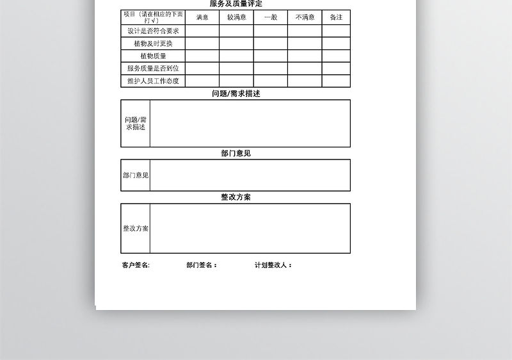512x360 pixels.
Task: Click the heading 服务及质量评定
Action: pyautogui.click(x=236, y=4)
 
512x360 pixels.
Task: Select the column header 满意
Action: pyautogui.click(x=202, y=17)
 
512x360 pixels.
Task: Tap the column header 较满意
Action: pyautogui.click(x=236, y=17)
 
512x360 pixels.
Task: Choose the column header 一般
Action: pyautogui.click(x=270, y=17)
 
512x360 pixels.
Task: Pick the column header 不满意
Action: pyautogui.click(x=305, y=17)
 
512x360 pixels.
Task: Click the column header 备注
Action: pyautogui.click(x=336, y=17)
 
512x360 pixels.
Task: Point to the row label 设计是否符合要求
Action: pyautogui.click(x=153, y=31)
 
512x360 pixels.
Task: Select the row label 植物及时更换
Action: pyautogui.click(x=153, y=44)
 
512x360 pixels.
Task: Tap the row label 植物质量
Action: pyautogui.click(x=153, y=56)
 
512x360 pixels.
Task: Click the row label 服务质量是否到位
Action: pyautogui.click(x=153, y=69)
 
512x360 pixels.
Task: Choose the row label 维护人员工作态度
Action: pyautogui.click(x=153, y=81)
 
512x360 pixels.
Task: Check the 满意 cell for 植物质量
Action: pyautogui.click(x=202, y=56)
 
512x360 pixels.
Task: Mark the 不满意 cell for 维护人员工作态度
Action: pyautogui.click(x=305, y=81)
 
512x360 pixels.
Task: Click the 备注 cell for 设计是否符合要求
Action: pyautogui.click(x=336, y=31)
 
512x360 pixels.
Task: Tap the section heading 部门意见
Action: pyautogui.click(x=236, y=154)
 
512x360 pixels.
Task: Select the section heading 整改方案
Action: pyautogui.click(x=236, y=197)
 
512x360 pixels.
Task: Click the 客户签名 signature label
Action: pyautogui.click(x=136, y=265)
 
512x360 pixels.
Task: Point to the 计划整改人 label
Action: pyautogui.click(x=273, y=265)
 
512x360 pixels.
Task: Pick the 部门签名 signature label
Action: pyautogui.click(x=202, y=265)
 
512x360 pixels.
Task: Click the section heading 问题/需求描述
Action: pyautogui.click(x=236, y=94)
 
